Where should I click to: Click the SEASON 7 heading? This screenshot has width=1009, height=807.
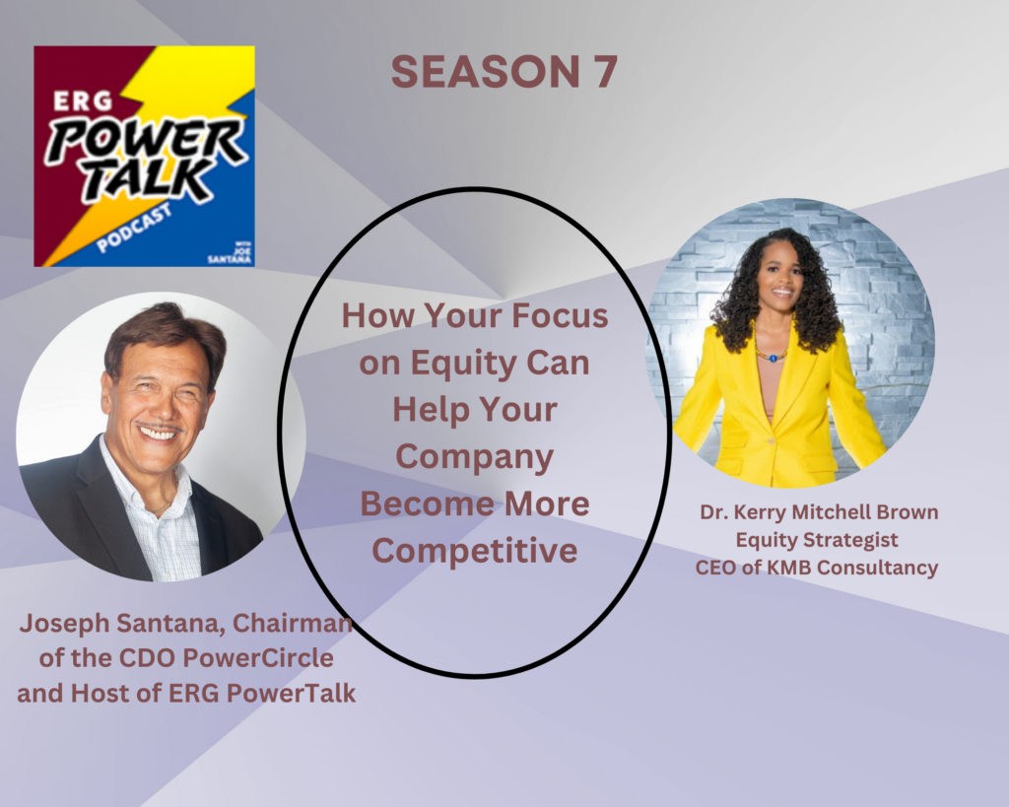click(504, 71)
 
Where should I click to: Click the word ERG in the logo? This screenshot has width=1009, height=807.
click(83, 101)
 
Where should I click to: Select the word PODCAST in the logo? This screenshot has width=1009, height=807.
click(134, 228)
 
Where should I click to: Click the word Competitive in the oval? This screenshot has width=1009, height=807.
click(475, 551)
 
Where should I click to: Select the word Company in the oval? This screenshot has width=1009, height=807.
click(475, 457)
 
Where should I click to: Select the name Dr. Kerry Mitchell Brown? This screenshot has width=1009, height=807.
click(819, 512)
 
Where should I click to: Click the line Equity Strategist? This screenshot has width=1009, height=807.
click(817, 540)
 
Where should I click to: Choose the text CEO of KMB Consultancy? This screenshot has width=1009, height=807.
click(817, 568)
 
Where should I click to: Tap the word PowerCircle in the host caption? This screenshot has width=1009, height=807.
click(259, 657)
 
